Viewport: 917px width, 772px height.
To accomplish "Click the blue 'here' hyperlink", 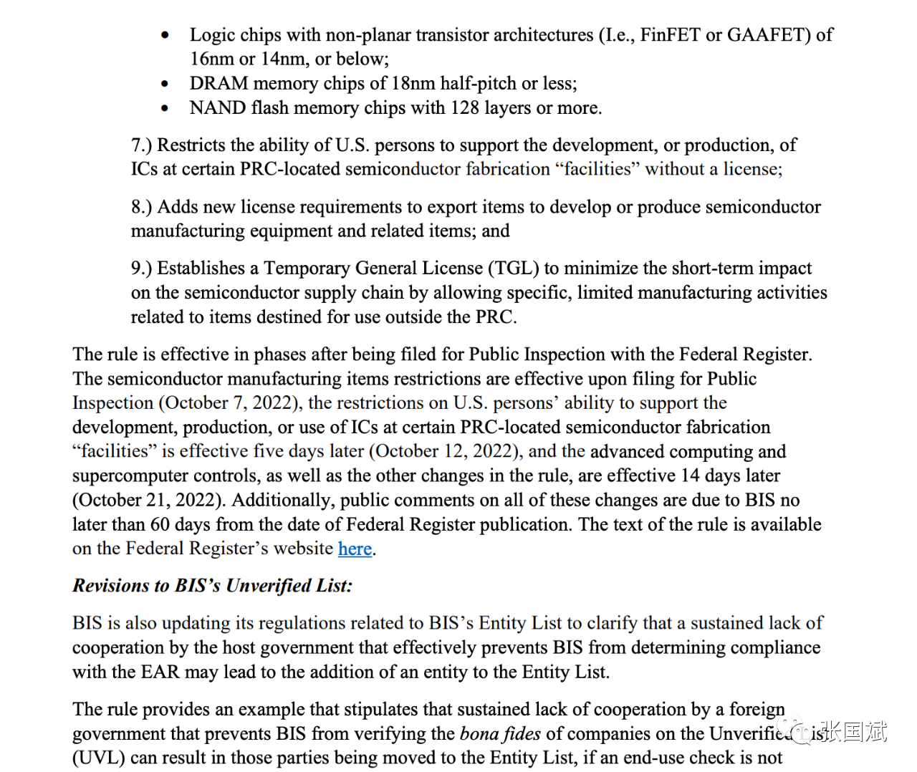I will (355, 549).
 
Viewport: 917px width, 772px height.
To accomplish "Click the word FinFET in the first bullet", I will (670, 35).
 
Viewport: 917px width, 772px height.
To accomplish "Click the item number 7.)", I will (141, 145).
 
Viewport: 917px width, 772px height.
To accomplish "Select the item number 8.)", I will (141, 207).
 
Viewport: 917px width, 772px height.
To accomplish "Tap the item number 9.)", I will (141, 269).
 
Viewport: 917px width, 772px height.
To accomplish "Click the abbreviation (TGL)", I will (513, 269).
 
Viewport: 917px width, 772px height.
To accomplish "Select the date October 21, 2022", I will (147, 501).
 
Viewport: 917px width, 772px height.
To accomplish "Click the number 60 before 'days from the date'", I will (160, 525).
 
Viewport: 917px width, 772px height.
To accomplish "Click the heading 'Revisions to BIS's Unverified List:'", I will (212, 586).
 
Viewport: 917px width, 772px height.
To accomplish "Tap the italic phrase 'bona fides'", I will (500, 734).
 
